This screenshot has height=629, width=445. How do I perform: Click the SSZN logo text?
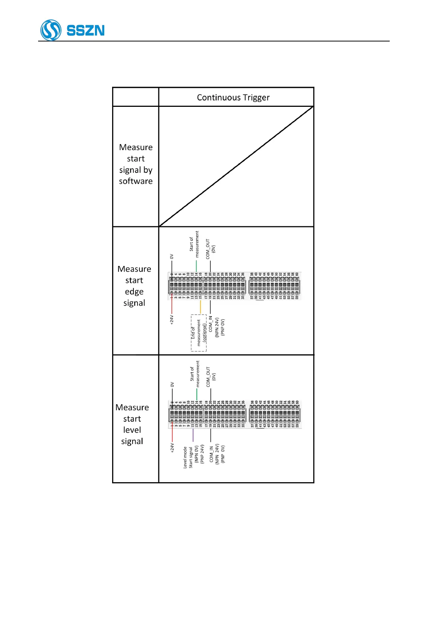pos(86,30)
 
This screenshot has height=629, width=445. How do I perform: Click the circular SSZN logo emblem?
pos(51,30)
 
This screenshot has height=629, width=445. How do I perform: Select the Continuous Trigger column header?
pos(233,97)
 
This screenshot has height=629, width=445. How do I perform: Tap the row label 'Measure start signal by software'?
pos(136,164)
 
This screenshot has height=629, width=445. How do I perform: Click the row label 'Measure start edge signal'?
pos(134,286)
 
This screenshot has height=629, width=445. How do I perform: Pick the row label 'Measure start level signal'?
pos(132,424)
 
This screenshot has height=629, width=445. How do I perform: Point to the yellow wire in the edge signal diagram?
pos(200,307)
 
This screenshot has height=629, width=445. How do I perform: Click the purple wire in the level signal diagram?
pos(193,435)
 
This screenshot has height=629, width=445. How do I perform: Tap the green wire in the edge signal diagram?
pos(196,266)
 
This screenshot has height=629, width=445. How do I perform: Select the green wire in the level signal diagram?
pos(197,394)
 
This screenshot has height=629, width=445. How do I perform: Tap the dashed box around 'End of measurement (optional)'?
pos(199,333)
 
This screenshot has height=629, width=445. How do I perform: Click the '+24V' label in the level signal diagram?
pos(172,448)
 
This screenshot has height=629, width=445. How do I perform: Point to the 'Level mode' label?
pos(185,458)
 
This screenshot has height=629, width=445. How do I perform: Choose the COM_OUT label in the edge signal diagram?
pos(208,249)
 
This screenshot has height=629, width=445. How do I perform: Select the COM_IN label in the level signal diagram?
pos(211,454)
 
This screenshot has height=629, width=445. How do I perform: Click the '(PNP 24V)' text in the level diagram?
pos(203,454)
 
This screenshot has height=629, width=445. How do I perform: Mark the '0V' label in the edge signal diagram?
pos(172,257)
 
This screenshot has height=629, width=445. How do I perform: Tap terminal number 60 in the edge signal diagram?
pos(297,274)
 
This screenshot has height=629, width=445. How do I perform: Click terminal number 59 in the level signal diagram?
pos(297,425)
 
